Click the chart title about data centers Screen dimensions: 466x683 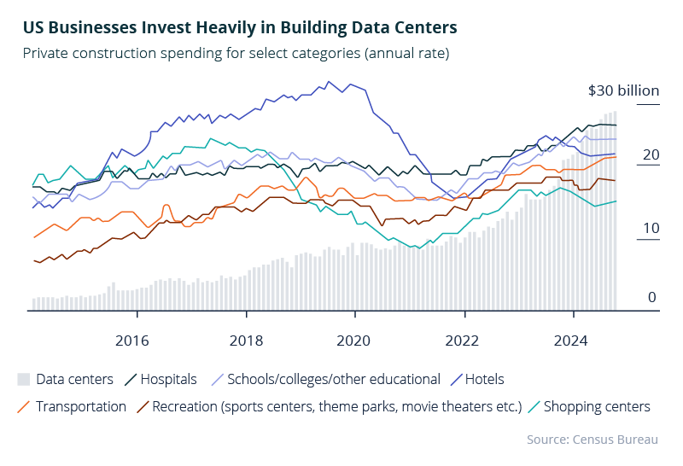coord(240,28)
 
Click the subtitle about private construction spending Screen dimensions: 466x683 coord(236,54)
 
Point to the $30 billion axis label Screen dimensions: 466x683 coord(624,91)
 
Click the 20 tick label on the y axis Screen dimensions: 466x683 coord(651,154)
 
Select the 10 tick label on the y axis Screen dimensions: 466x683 coord(651,228)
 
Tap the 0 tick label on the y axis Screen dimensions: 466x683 coord(651,297)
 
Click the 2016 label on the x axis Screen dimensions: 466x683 coord(131,341)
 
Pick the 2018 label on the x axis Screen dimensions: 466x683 coord(246,341)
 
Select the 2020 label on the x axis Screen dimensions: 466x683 coord(354,341)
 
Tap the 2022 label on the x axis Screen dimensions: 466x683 coord(464,341)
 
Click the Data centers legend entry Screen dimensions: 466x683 coord(65,379)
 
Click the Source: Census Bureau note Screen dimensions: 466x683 coord(593,440)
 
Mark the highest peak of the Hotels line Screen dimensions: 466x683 coord(329,82)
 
